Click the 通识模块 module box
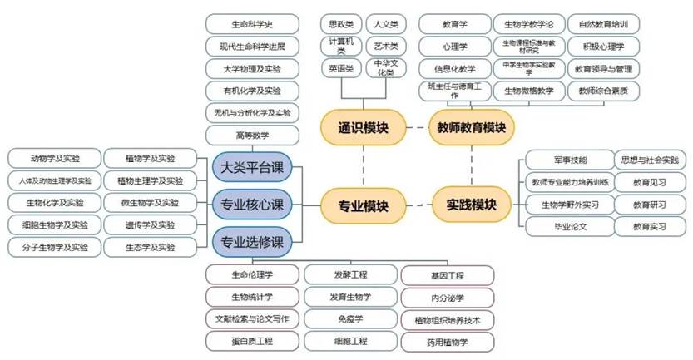[360, 128]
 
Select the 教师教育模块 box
[472, 128]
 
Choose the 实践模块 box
[472, 203]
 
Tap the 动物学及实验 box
[55, 158]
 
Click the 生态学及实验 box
[150, 247]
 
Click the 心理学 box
[455, 46]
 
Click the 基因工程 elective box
[448, 274]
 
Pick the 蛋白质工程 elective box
[251, 341]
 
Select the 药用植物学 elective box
[448, 341]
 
